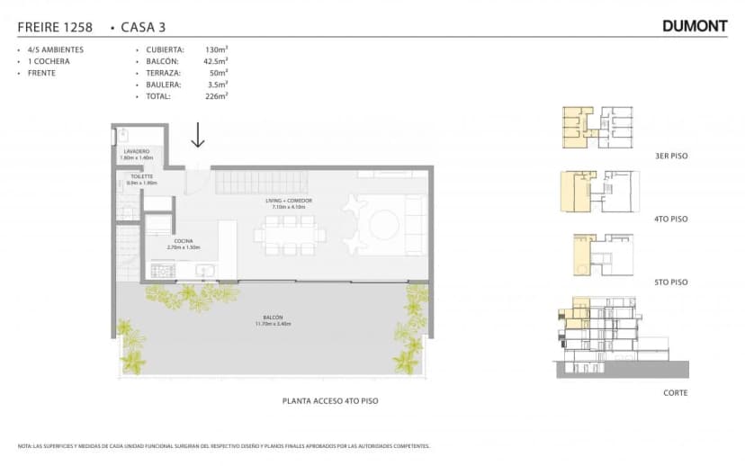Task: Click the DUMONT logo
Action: click(695, 26)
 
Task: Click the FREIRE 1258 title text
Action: click(55, 27)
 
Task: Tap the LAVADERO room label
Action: click(137, 151)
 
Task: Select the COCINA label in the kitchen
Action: click(184, 241)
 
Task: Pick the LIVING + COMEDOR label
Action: click(289, 202)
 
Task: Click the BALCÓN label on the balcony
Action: click(274, 318)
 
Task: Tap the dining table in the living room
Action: click(290, 237)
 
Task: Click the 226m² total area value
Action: click(216, 95)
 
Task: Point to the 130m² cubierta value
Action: click(216, 49)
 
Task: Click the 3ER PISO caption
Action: click(671, 157)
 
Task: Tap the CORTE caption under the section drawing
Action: click(676, 393)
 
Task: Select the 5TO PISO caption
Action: click(671, 282)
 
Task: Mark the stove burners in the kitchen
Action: click(163, 270)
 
